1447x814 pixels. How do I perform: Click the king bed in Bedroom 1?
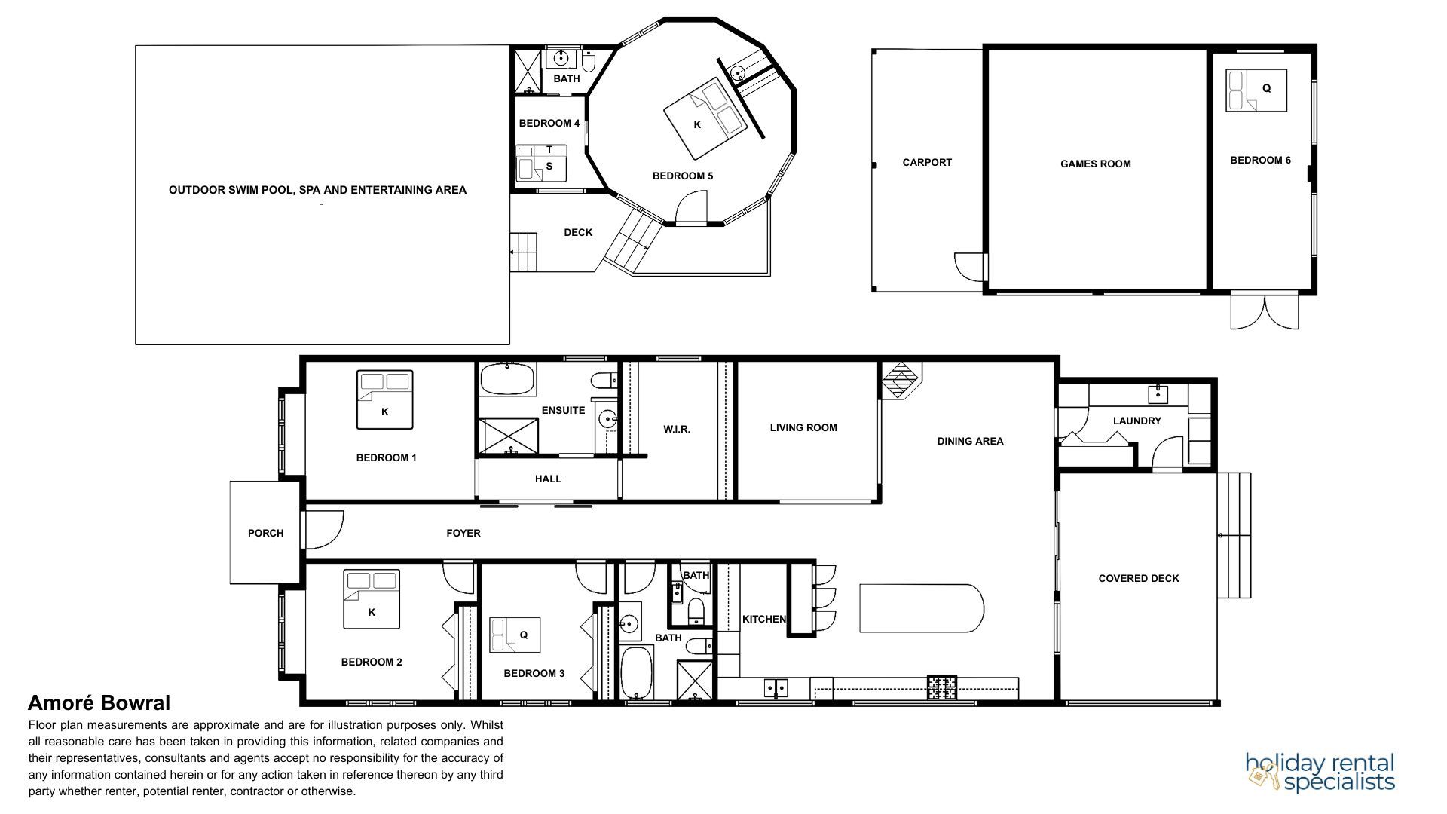point(384,399)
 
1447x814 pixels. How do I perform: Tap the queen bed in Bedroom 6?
point(1256,90)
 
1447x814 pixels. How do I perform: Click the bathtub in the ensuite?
point(508,379)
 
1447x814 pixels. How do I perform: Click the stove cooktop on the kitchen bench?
point(941,687)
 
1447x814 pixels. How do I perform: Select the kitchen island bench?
point(922,608)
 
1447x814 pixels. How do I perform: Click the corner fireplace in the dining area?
point(901,380)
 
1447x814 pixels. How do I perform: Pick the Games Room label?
point(1095,164)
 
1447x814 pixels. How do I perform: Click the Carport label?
point(927,162)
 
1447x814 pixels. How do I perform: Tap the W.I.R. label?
point(676,429)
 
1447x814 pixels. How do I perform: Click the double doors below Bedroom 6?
point(1265,311)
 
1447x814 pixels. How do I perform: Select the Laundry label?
point(1136,421)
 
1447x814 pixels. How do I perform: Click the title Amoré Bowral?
point(99,703)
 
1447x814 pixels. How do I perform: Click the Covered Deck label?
point(1139,578)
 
